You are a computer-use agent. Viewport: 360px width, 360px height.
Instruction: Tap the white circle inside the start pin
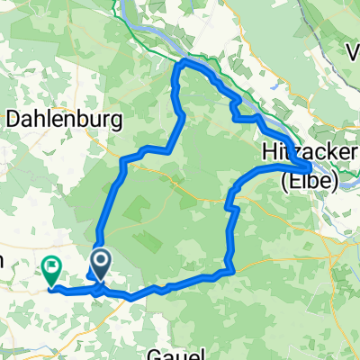click(99, 262)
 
